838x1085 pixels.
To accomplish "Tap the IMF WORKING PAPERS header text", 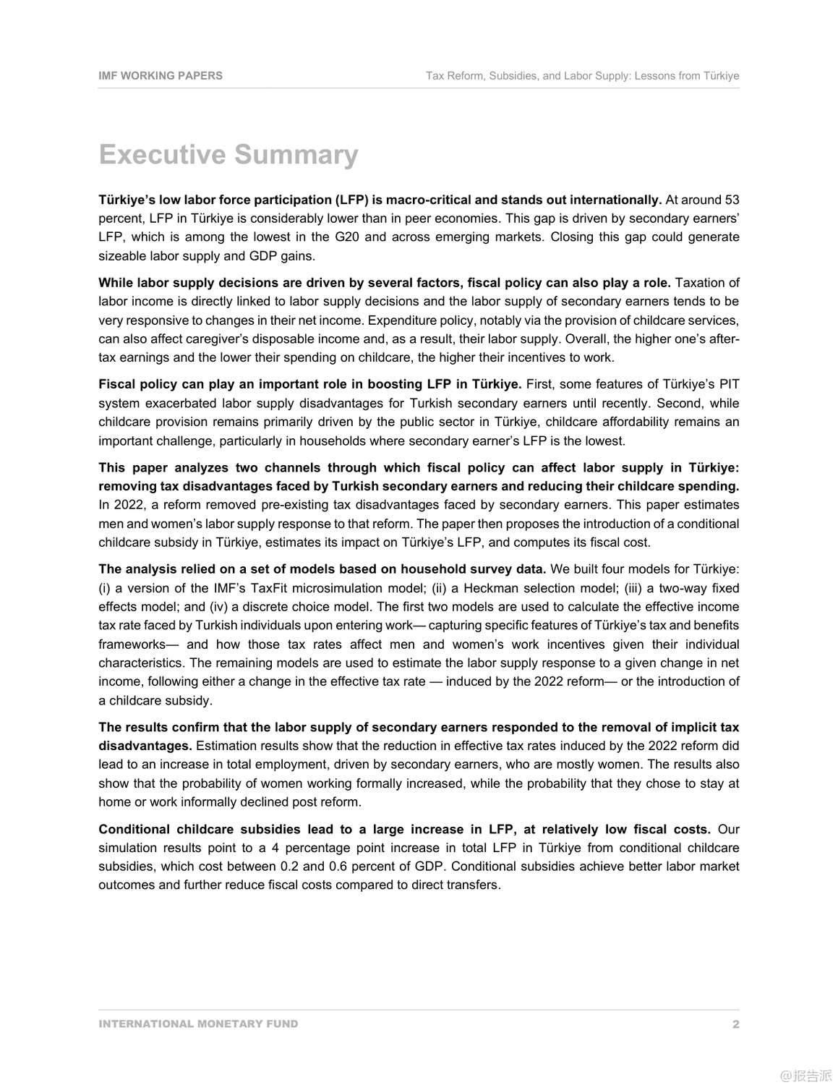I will [x=161, y=75].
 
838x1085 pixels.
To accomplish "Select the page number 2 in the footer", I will [x=735, y=1024].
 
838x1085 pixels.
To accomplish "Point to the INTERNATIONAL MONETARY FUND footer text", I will [x=198, y=1024].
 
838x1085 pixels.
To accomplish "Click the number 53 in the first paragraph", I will [x=732, y=200].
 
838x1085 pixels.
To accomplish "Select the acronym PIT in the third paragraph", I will [x=729, y=384].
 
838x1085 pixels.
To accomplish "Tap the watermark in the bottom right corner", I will [x=806, y=1075].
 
